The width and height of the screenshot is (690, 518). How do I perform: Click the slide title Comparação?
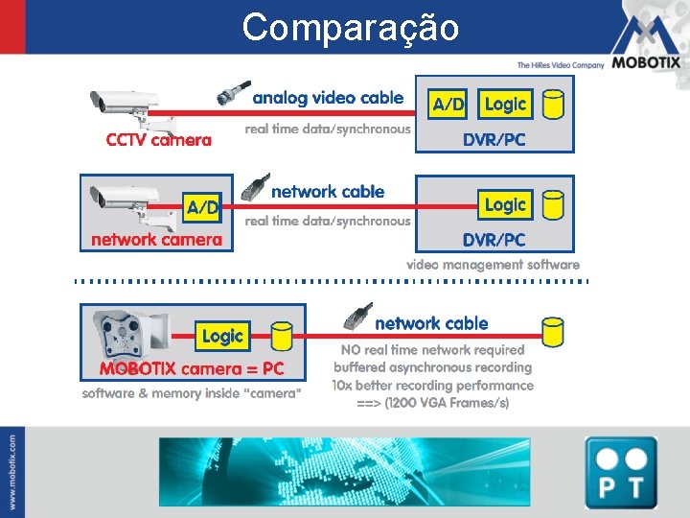(350, 27)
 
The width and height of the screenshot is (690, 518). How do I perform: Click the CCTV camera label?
(159, 140)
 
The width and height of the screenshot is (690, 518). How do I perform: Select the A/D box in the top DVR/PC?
(448, 104)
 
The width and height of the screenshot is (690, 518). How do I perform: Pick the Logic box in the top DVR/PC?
(505, 103)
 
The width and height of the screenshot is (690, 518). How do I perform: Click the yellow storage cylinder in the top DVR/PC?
(553, 104)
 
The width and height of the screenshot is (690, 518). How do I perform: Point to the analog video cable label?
(328, 98)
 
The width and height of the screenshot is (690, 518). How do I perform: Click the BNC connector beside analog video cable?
(234, 94)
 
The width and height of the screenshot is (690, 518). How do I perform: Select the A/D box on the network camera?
(202, 207)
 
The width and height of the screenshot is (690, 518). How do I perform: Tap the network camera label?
(156, 240)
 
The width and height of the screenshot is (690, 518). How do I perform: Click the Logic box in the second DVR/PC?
(505, 204)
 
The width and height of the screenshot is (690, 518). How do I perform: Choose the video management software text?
(493, 265)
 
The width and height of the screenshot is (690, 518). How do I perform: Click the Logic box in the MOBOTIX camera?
(222, 336)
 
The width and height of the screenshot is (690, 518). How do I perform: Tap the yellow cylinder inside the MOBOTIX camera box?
(281, 336)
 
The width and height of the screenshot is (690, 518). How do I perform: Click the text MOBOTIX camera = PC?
(193, 369)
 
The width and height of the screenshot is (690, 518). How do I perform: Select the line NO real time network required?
(432, 350)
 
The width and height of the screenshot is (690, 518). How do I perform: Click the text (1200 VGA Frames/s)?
(447, 403)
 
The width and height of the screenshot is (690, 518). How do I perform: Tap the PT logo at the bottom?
(621, 473)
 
